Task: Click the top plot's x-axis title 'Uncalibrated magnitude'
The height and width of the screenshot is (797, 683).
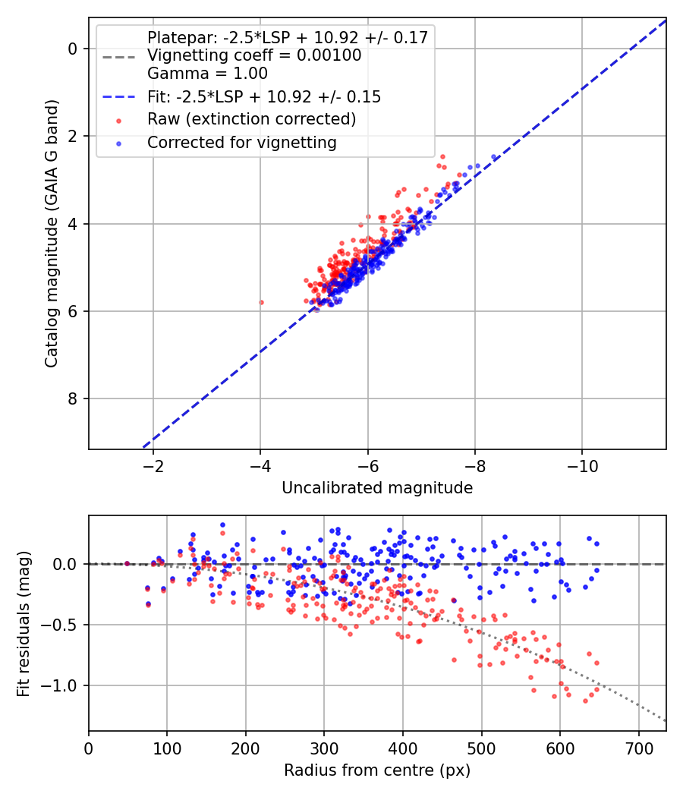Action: pyautogui.click(x=377, y=488)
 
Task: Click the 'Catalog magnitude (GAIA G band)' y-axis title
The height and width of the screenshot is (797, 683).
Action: pyautogui.click(x=52, y=233)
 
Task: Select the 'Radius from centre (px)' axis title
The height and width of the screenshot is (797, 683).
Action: pyautogui.click(x=377, y=770)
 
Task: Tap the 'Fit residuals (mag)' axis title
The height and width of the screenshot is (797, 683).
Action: pyautogui.click(x=24, y=624)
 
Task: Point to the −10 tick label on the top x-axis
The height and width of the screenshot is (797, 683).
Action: pyautogui.click(x=582, y=465)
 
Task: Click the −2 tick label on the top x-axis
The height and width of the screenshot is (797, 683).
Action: pyautogui.click(x=153, y=465)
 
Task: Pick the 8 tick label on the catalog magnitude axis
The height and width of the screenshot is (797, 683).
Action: pyautogui.click(x=73, y=399)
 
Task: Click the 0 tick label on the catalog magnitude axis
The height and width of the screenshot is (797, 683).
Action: pyautogui.click(x=73, y=49)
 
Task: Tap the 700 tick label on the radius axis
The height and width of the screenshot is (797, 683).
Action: pyautogui.click(x=638, y=748)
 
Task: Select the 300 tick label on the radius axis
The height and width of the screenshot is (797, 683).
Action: pyautogui.click(x=324, y=748)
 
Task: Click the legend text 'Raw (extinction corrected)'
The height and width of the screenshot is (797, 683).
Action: pyautogui.click(x=251, y=119)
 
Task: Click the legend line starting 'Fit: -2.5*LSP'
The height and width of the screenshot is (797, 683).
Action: pyautogui.click(x=264, y=96)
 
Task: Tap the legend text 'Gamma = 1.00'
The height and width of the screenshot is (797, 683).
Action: pyautogui.click(x=207, y=73)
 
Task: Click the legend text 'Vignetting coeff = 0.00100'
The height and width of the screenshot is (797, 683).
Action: pyautogui.click(x=254, y=55)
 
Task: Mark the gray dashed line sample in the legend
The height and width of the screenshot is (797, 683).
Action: pyautogui.click(x=119, y=57)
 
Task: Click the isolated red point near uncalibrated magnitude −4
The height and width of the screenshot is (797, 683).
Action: pyautogui.click(x=261, y=302)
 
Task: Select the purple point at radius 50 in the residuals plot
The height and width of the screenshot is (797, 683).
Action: pyautogui.click(x=127, y=563)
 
